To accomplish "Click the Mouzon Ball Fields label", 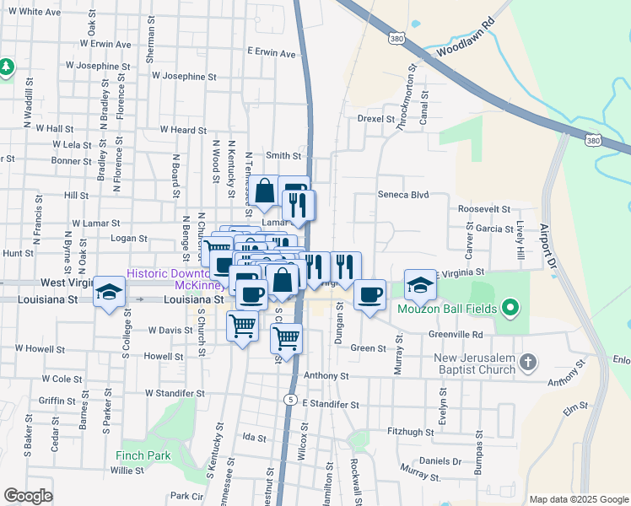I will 453,309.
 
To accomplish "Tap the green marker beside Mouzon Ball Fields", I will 510,309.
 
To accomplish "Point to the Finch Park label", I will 143,455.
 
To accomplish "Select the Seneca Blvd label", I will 404,195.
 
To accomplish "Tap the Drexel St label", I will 376,119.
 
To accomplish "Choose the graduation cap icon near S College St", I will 109,291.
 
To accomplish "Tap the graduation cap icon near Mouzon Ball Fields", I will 419,285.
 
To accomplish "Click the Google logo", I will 28,496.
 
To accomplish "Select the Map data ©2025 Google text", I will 578,499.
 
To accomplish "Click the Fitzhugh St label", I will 409,432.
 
